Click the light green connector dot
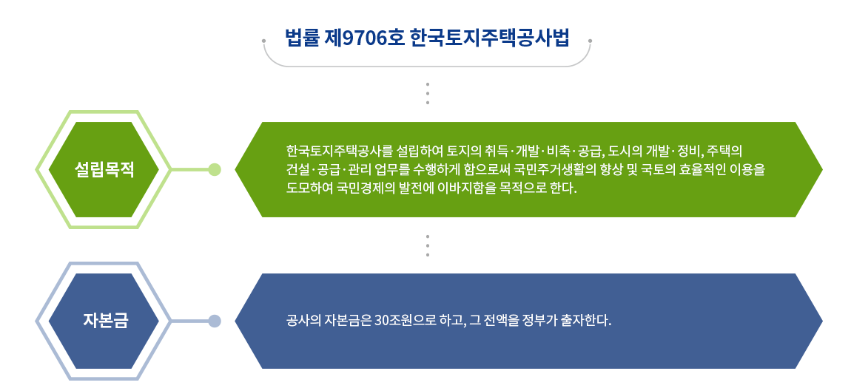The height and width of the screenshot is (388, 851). (x=215, y=169)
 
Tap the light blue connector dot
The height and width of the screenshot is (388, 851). (x=215, y=321)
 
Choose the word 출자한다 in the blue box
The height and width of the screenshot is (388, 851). (x=588, y=321)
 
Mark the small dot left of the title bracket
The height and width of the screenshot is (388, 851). (x=264, y=40)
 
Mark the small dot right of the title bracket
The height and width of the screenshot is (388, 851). (x=590, y=40)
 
